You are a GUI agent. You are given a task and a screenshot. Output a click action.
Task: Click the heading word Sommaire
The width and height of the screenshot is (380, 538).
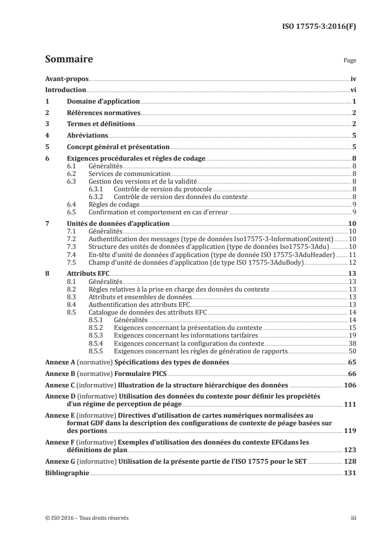pos(69,60)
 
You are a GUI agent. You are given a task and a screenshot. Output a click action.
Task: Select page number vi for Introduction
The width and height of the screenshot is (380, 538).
pos(352,90)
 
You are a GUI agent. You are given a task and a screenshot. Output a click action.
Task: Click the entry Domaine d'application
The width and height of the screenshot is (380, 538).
pos(104,101)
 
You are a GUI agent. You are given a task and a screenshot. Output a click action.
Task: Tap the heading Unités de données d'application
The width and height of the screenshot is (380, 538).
pos(118,223)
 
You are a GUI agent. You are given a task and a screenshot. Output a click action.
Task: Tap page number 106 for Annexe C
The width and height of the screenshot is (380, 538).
pos(350,385)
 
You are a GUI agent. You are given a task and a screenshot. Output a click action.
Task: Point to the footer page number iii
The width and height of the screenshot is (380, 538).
pos(354,518)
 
